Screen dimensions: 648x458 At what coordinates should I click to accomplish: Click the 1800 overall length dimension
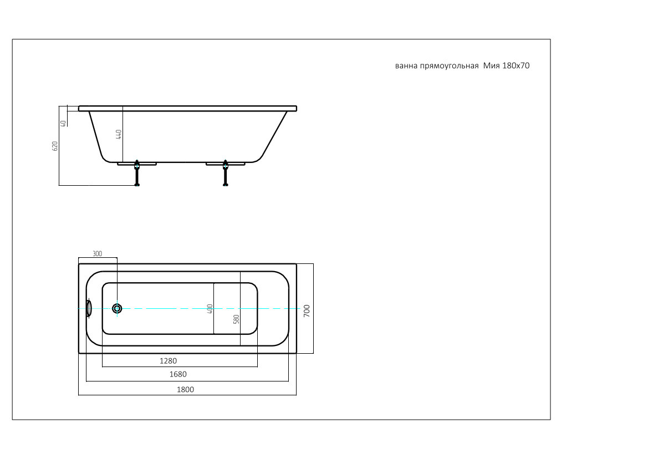click(185, 389)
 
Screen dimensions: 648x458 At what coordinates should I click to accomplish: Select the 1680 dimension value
click(178, 374)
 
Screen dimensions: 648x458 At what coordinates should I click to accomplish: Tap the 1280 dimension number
click(168, 361)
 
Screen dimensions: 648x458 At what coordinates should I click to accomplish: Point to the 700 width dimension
click(307, 311)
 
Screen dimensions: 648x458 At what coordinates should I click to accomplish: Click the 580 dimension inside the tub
click(236, 319)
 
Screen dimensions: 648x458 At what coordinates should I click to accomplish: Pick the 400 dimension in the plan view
click(210, 309)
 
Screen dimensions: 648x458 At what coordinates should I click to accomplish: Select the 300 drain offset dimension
click(97, 254)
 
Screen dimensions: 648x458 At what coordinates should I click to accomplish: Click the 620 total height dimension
click(55, 146)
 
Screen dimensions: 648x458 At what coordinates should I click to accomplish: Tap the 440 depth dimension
click(119, 134)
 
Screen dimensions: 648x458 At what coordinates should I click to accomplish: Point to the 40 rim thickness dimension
click(63, 123)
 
